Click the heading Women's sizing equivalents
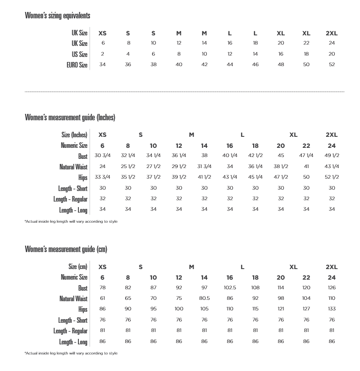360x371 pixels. [x=57, y=16]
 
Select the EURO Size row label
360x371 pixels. [x=77, y=65]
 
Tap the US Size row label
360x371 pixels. [x=79, y=54]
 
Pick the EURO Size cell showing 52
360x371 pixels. [x=332, y=65]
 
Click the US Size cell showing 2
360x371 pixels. [x=103, y=54]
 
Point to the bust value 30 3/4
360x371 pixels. [x=103, y=156]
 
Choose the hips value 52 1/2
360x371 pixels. [x=332, y=177]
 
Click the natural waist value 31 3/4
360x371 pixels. [x=204, y=166]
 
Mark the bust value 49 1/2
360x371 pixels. [x=332, y=156]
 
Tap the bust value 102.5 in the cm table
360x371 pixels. [x=230, y=288]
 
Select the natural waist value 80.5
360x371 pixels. [x=204, y=298]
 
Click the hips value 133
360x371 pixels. [x=332, y=309]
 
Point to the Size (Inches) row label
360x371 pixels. [x=74, y=135]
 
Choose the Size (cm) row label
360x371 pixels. [x=78, y=267]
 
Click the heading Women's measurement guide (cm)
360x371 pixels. [x=66, y=249]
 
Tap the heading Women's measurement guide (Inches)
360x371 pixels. [x=70, y=117]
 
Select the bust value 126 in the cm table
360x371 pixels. [x=332, y=288]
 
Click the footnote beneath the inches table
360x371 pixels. [x=71, y=221]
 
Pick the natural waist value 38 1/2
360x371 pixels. [x=281, y=166]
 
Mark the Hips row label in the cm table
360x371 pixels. [x=83, y=309]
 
